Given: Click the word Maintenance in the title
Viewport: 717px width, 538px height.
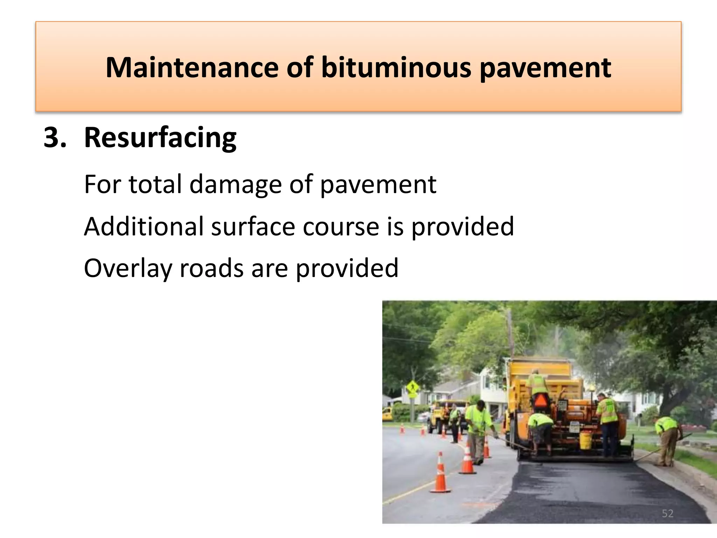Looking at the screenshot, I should [x=192, y=67].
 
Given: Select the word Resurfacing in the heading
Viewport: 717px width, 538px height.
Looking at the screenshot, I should [x=160, y=137].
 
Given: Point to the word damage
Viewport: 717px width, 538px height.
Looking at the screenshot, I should [x=235, y=185].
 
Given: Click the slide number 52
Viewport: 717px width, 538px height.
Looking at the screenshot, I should [x=668, y=513].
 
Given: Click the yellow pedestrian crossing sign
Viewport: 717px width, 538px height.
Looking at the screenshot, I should [x=412, y=388].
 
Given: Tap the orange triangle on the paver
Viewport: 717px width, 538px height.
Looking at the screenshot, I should [x=540, y=400].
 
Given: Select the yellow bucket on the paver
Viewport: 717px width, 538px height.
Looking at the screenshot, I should [x=585, y=440].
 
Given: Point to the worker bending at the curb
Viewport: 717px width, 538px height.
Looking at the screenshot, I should [x=668, y=440].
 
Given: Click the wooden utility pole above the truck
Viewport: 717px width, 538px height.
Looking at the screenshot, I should [x=510, y=333].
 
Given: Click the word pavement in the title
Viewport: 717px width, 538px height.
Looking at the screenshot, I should [x=545, y=68].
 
